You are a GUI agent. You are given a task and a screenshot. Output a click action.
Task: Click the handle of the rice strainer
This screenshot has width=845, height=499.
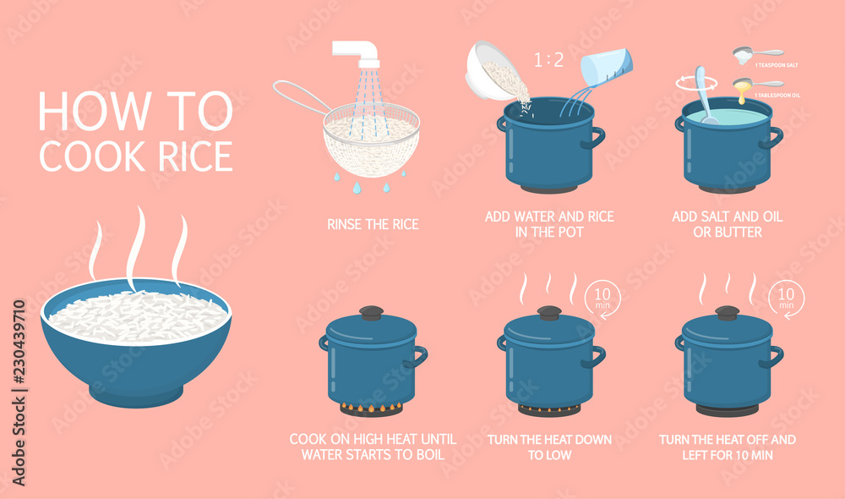(300, 97)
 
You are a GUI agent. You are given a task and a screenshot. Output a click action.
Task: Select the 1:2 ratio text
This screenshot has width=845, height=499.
(549, 60)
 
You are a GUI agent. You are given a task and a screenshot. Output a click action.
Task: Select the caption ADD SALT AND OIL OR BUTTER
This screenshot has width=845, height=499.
(728, 224)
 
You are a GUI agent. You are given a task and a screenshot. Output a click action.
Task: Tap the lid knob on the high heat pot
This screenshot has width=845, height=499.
(371, 312)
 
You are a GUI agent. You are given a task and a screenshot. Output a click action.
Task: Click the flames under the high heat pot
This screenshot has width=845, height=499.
(371, 409)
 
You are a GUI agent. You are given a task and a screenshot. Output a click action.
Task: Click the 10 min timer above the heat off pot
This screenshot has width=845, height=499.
(786, 298)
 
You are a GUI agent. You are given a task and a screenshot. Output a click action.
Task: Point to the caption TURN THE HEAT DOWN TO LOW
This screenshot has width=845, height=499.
(549, 447)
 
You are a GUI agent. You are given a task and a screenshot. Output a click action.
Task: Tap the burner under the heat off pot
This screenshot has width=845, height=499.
(728, 409)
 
